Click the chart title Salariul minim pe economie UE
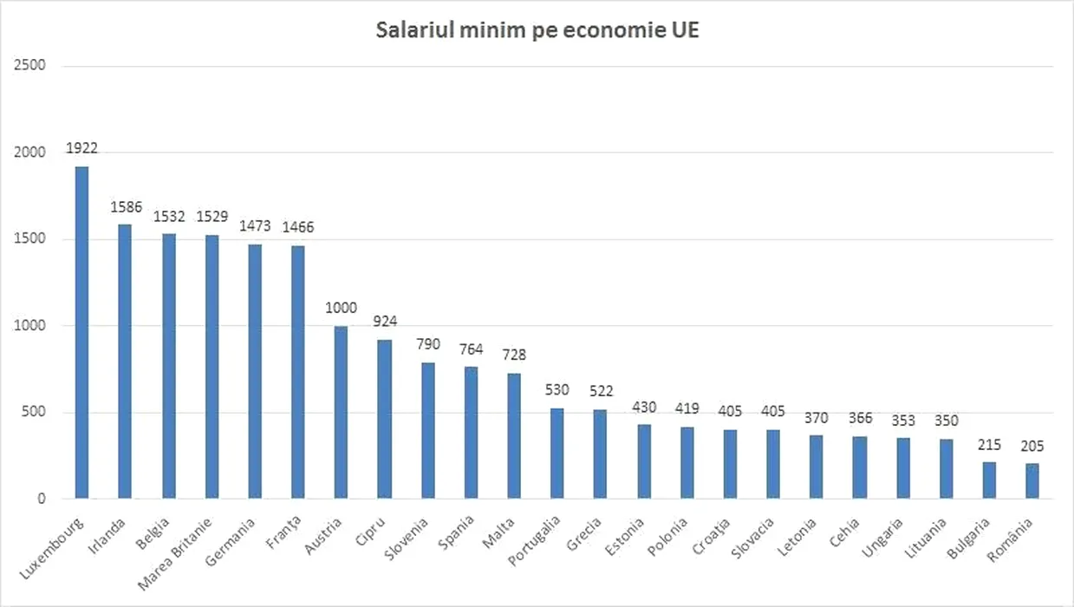point(537,30)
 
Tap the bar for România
point(1032,481)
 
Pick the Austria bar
point(341,413)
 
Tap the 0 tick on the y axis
point(40,499)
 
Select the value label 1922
point(81,148)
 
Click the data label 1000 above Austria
point(341,308)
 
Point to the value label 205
point(1032,447)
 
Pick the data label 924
point(384,322)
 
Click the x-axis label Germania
point(231,539)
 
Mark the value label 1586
point(125,207)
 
